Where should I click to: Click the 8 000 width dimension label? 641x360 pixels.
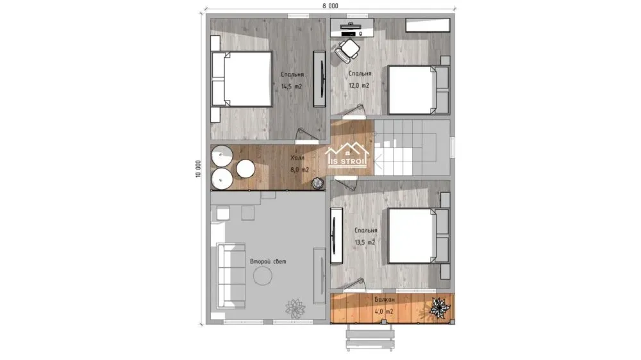point(330,6)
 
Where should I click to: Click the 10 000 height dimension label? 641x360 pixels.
point(198,168)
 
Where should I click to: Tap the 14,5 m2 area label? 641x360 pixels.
point(292,86)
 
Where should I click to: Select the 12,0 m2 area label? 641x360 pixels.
point(359,86)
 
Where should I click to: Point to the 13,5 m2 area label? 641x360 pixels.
point(365,242)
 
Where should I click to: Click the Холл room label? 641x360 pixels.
point(297,158)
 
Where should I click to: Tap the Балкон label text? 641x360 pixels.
point(385,300)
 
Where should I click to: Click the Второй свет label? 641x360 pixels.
point(268,261)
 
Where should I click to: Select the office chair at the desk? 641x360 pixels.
point(347,50)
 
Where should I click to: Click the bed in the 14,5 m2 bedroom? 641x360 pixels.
point(242,79)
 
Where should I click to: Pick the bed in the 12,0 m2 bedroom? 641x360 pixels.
point(418,90)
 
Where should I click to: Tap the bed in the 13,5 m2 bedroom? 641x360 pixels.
point(418,236)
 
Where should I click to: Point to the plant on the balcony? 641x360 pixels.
point(440,308)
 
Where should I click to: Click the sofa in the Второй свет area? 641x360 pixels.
point(231,275)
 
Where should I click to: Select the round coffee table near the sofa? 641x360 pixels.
point(263,277)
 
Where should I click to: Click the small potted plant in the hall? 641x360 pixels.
point(318,183)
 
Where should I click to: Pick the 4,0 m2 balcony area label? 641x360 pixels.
point(384,312)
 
